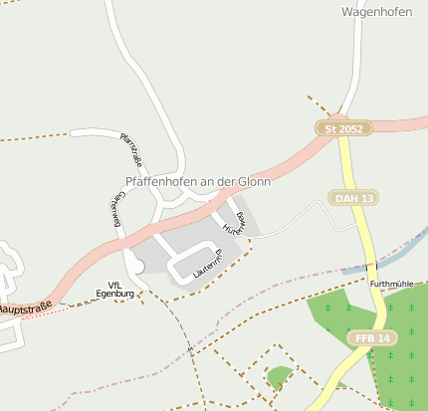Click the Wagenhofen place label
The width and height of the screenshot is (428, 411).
point(376,13)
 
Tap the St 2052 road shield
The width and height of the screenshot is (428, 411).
point(343,128)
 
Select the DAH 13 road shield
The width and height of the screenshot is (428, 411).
point(353,198)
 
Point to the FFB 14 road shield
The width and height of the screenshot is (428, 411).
point(373,338)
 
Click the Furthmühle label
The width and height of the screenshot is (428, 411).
point(391,284)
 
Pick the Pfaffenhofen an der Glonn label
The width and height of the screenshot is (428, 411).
point(199,181)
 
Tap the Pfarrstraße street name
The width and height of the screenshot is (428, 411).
point(131,149)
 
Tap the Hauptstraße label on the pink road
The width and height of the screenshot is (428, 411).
point(24,309)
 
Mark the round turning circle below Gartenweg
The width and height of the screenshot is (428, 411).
point(134,266)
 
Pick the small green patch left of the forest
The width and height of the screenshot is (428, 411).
point(280,376)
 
